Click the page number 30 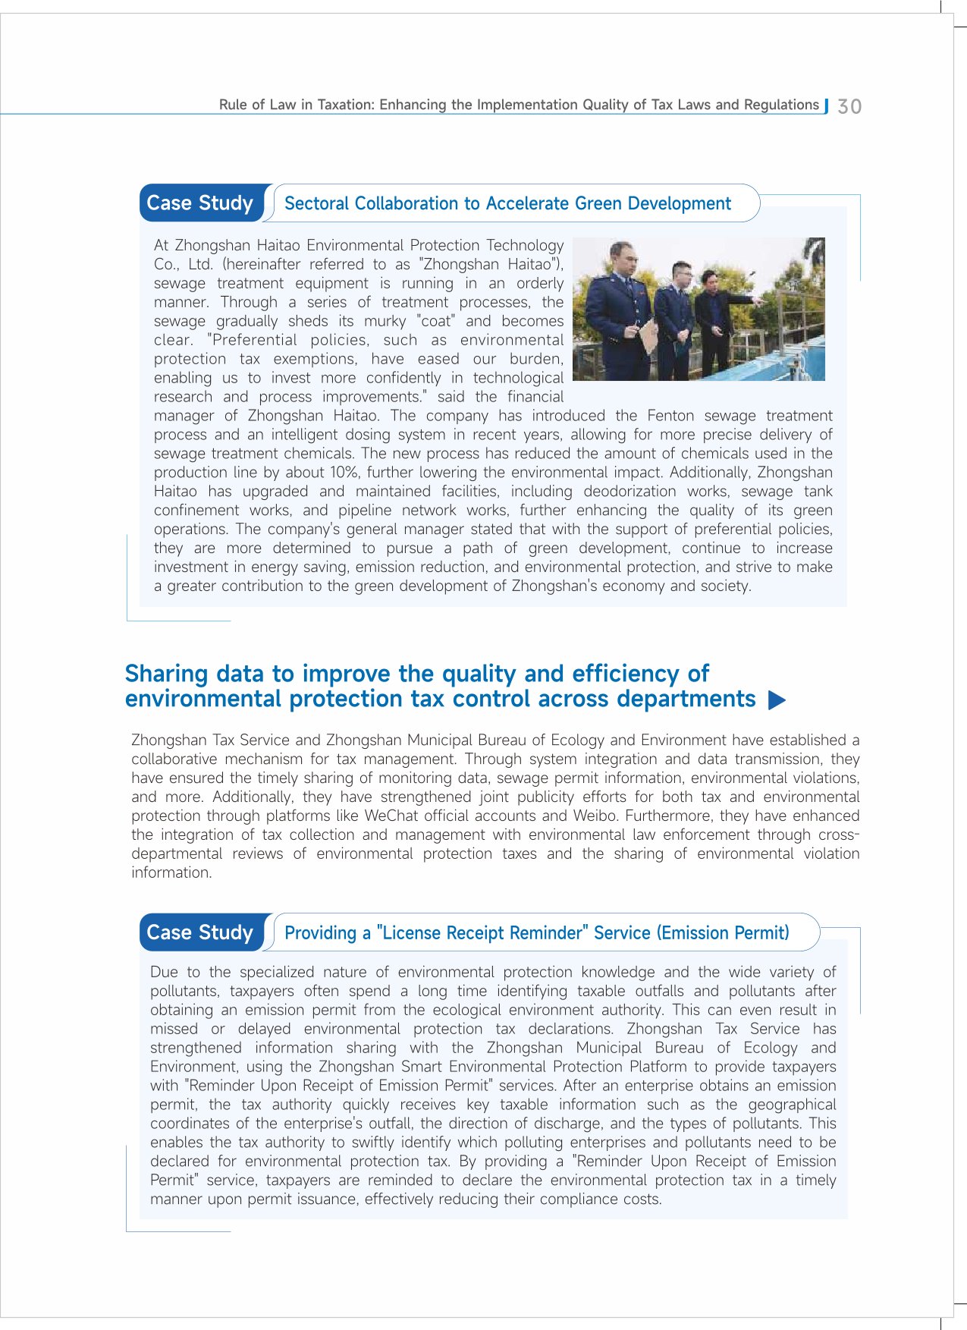click(x=849, y=106)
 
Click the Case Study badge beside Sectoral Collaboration click(x=200, y=203)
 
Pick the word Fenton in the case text click(x=670, y=416)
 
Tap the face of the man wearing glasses click(x=682, y=273)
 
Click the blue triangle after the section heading click(x=777, y=700)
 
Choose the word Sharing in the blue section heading click(x=166, y=674)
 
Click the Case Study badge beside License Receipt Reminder click(x=200, y=932)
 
